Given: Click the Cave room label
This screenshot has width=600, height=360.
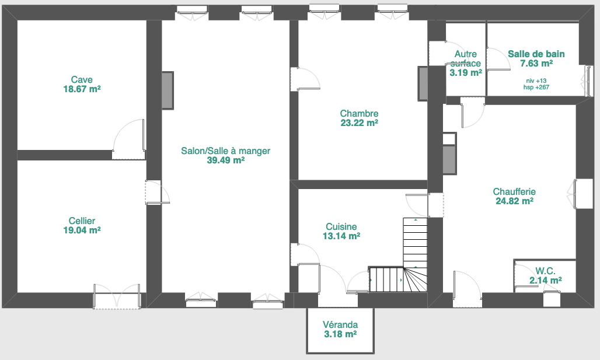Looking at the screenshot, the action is (x=82, y=79).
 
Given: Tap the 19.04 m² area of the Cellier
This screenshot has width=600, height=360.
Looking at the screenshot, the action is (x=82, y=230).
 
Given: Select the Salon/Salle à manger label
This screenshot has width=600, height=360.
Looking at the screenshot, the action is (x=226, y=151).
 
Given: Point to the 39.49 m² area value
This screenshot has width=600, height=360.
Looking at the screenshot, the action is (x=226, y=160).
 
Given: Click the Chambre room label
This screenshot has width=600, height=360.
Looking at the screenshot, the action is (x=360, y=114).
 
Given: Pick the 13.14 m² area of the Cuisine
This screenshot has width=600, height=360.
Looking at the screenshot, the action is (x=341, y=236).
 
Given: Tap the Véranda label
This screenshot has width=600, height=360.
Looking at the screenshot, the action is (x=340, y=325).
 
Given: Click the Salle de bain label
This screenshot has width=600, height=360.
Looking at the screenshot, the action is (x=536, y=54).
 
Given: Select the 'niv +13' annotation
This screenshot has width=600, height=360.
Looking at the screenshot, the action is (x=536, y=81).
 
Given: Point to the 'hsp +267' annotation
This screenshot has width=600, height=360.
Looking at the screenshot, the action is (x=536, y=87).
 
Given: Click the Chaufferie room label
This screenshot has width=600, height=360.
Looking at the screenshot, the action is (x=514, y=191).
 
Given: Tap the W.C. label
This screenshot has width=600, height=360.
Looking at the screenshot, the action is (x=545, y=271).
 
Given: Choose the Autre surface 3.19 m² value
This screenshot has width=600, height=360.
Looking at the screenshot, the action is (x=466, y=73).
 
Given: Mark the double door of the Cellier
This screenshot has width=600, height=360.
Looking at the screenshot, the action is (x=117, y=296).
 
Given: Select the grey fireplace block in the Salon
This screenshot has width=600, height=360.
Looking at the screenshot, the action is (x=168, y=90).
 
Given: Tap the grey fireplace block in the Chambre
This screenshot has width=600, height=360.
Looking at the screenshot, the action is (x=423, y=84).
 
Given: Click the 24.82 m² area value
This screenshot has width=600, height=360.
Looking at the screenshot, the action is (x=514, y=201).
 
